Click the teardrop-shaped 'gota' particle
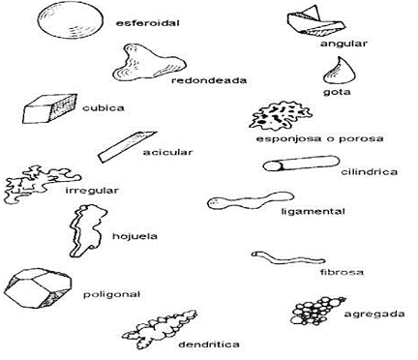[x=341, y=71]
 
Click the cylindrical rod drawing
[x=287, y=165]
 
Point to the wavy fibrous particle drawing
[x=280, y=258]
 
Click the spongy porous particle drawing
[x=276, y=116]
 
